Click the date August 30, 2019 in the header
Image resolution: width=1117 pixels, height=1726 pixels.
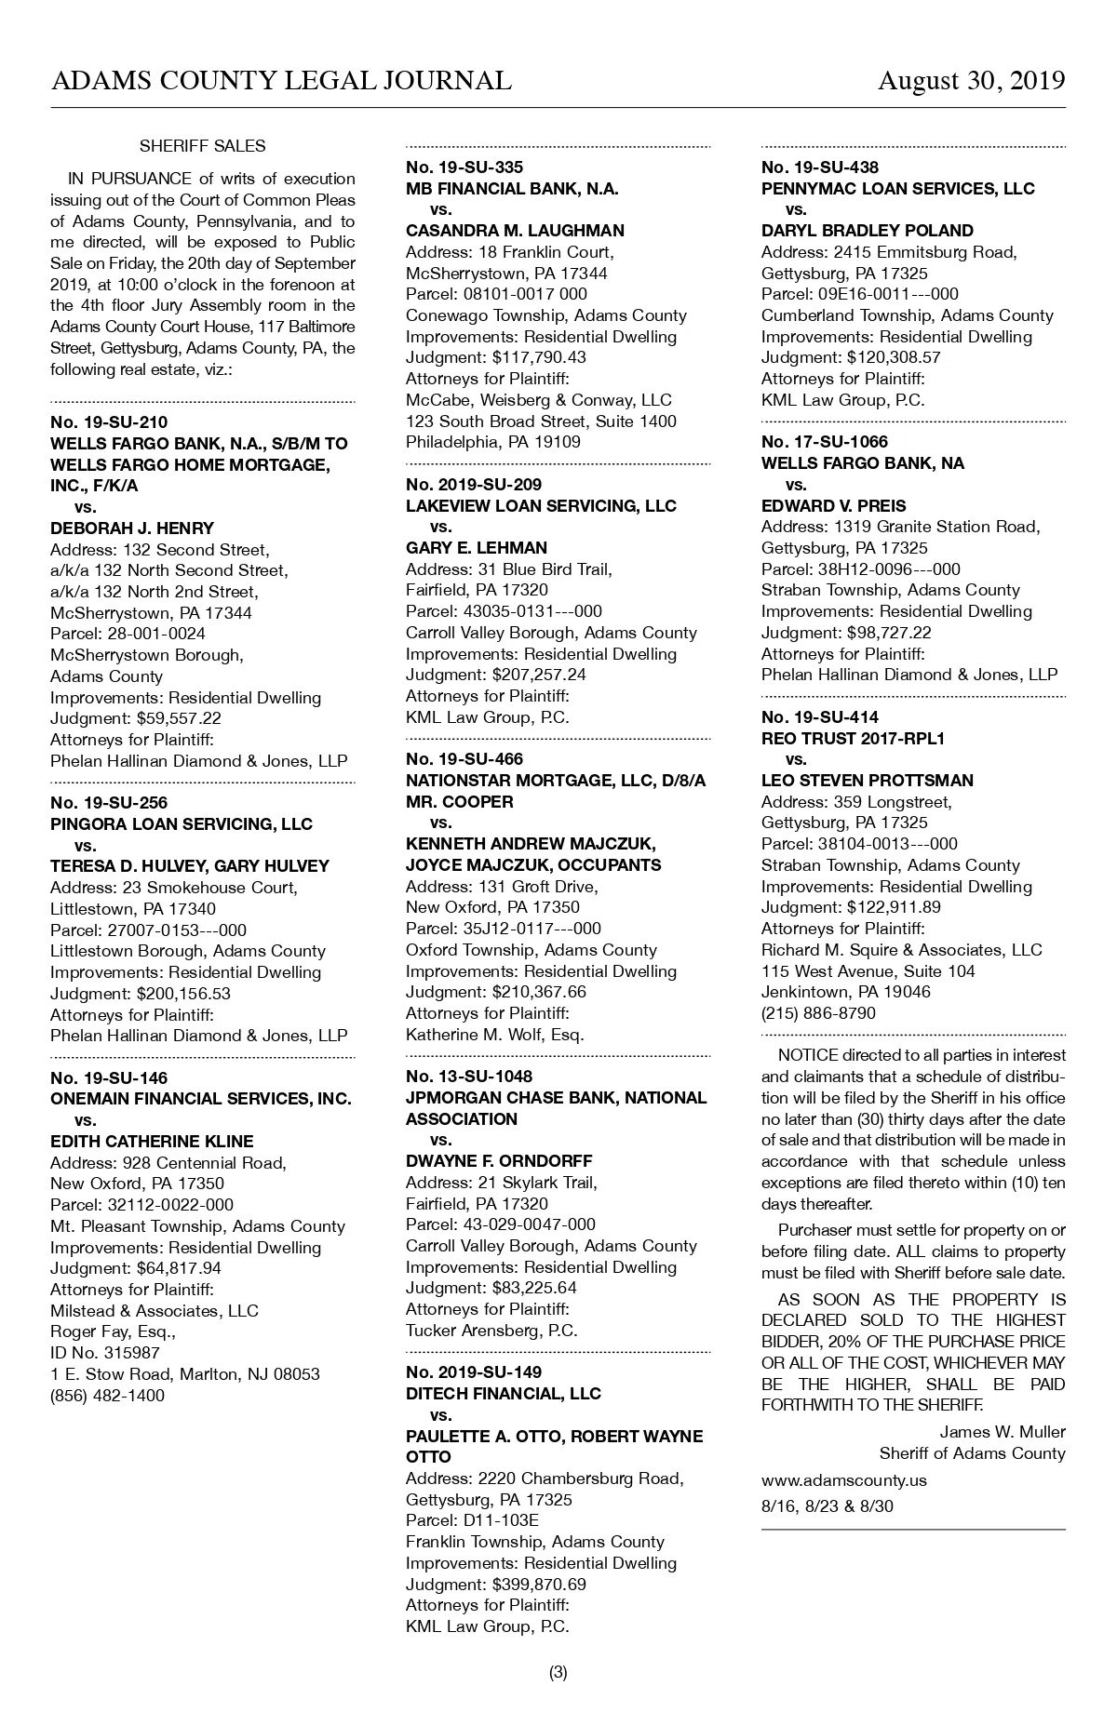pyautogui.click(x=971, y=81)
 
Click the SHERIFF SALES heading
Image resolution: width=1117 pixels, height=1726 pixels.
pyautogui.click(x=202, y=146)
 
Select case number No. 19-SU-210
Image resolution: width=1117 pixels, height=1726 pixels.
pyautogui.click(x=109, y=422)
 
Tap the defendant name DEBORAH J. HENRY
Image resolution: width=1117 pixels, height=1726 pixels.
pyautogui.click(x=132, y=529)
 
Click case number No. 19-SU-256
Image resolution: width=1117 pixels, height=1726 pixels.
pyautogui.click(x=109, y=803)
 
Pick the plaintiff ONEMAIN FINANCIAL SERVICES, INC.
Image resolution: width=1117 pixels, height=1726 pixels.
pyautogui.click(x=201, y=1099)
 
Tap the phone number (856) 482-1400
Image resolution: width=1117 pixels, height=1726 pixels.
pyautogui.click(x=107, y=1395)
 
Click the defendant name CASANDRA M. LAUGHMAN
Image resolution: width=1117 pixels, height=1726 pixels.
pyautogui.click(x=515, y=231)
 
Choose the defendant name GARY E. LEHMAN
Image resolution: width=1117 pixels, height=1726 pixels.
pyautogui.click(x=477, y=548)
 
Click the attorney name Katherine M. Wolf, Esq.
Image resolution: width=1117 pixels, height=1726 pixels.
pyautogui.click(x=495, y=1035)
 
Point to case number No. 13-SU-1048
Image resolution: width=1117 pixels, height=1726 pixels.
pyautogui.click(x=469, y=1077)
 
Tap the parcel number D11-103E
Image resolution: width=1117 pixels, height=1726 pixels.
pyautogui.click(x=505, y=1520)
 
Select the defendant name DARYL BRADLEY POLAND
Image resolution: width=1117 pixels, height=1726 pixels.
pyautogui.click(x=868, y=231)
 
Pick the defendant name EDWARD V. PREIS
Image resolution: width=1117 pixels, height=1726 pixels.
pyautogui.click(x=833, y=506)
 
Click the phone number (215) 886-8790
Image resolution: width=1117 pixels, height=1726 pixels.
pyautogui.click(x=818, y=1013)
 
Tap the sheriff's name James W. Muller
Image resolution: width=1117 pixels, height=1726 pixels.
pyautogui.click(x=1002, y=1432)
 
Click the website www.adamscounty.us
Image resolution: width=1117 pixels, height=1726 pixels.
pyautogui.click(x=843, y=1479)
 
